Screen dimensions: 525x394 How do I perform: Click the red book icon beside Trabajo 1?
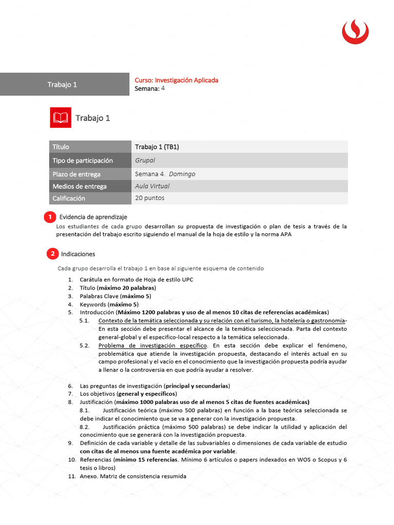pyautogui.click(x=61, y=118)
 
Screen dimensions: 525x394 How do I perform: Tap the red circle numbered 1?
pyautogui.click(x=50, y=217)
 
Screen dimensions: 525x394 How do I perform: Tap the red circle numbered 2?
pyautogui.click(x=52, y=254)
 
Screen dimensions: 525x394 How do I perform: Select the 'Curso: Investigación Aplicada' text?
pyautogui.click(x=176, y=80)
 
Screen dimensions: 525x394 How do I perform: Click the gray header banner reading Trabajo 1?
pyautogui.click(x=64, y=85)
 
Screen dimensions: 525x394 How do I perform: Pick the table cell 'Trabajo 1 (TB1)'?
pyautogui.click(x=157, y=147)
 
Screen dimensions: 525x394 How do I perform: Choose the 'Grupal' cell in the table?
pyautogui.click(x=145, y=160)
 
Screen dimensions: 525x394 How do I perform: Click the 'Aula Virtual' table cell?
pyautogui.click(x=152, y=186)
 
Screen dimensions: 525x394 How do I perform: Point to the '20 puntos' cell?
pyautogui.click(x=150, y=198)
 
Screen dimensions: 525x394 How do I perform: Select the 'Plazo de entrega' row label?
pyautogui.click(x=76, y=174)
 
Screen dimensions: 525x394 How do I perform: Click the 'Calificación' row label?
pyautogui.click(x=69, y=198)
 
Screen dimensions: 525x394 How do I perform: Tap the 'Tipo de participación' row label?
pyautogui.click(x=83, y=160)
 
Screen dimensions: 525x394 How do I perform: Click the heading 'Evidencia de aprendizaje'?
pyautogui.click(x=93, y=217)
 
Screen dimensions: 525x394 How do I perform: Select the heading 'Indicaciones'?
pyautogui.click(x=78, y=254)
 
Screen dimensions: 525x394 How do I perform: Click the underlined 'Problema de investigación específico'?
pyautogui.click(x=152, y=346)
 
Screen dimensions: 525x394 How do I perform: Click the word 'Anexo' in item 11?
pyautogui.click(x=89, y=476)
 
